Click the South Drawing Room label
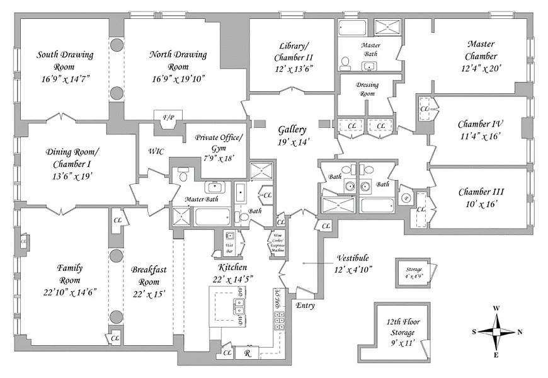click(x=65, y=60)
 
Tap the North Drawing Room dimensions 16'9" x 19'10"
click(x=178, y=78)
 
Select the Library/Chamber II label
click(x=294, y=52)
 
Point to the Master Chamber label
click(x=481, y=50)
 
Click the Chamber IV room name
click(x=480, y=124)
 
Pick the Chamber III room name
click(x=481, y=192)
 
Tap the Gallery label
click(x=292, y=130)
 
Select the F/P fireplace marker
click(x=168, y=118)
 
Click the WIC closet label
click(x=156, y=152)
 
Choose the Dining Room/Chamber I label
click(x=72, y=158)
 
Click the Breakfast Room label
click(x=149, y=275)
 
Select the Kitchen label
click(x=232, y=267)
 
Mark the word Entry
click(x=305, y=306)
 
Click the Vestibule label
click(x=353, y=258)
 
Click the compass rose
click(x=497, y=331)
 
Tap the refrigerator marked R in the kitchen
click(x=248, y=353)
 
